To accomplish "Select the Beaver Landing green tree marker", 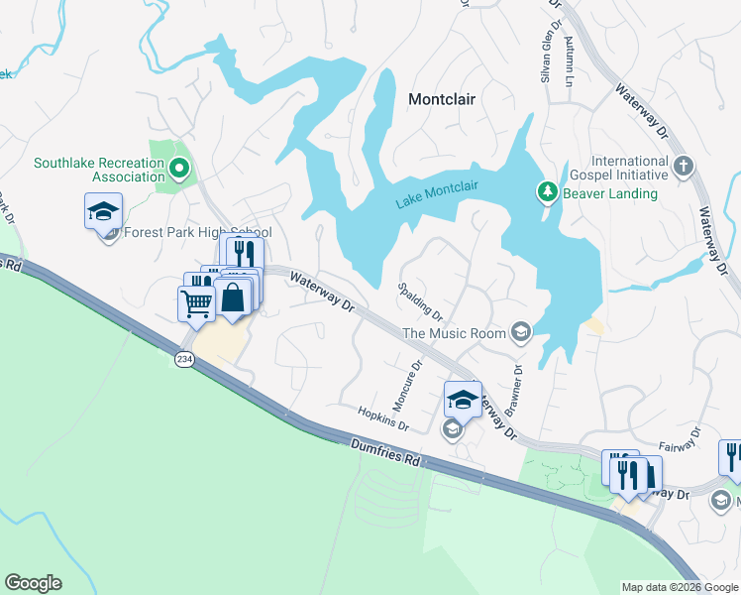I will coord(546,191).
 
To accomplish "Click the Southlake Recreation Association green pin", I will coord(179,168).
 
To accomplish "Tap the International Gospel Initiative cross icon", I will coord(684,167).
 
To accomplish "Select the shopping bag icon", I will coord(232,297).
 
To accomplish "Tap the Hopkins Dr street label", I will coord(384,417).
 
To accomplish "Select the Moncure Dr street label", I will coord(407,386).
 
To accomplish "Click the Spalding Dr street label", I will coord(419,301).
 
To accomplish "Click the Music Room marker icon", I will coord(521,333).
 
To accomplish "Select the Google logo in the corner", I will coord(33,583).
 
